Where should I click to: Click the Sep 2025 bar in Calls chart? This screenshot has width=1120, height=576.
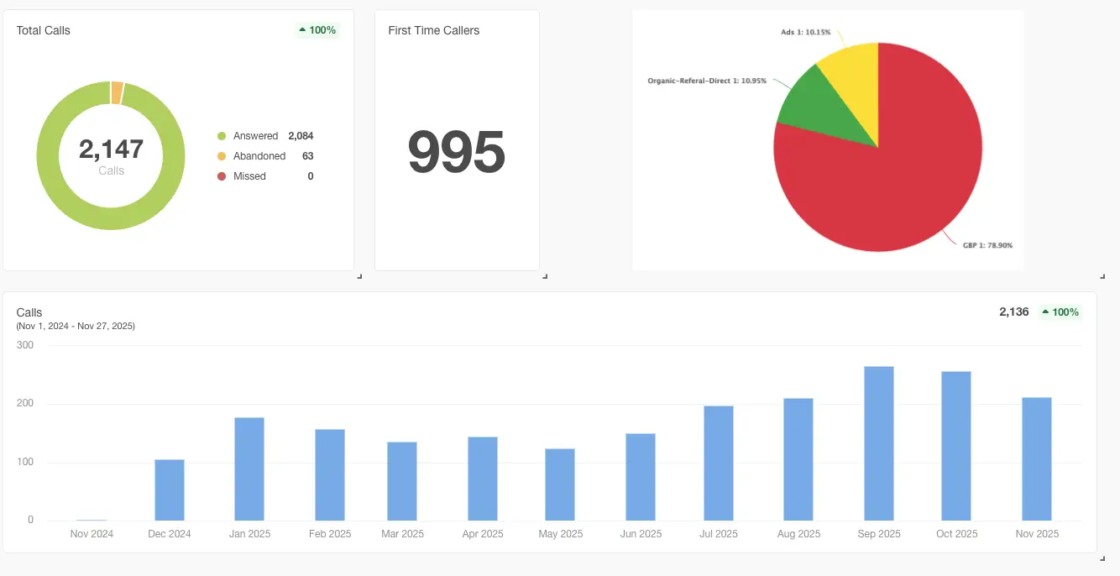[878, 443]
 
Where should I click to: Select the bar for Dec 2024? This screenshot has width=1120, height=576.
[170, 490]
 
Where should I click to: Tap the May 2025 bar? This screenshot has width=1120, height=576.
[560, 484]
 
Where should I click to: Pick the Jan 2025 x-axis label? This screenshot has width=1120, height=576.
[249, 533]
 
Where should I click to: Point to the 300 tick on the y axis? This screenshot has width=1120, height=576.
[25, 345]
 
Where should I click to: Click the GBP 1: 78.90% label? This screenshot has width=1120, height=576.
[987, 245]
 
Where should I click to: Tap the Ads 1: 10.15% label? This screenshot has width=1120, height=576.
[805, 32]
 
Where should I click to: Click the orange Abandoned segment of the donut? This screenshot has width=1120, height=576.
[117, 93]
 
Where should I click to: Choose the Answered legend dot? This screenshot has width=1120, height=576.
[222, 136]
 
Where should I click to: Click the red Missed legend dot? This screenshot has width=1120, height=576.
[222, 176]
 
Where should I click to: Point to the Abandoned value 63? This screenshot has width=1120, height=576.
[307, 156]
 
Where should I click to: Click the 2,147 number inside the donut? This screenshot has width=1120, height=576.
[111, 149]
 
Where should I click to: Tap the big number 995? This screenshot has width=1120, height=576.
[456, 151]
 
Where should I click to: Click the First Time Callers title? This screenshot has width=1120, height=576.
[433, 30]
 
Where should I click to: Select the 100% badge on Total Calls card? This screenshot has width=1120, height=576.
[317, 30]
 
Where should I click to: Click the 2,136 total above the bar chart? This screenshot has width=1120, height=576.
[1014, 312]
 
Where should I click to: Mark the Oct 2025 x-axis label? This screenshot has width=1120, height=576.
[956, 533]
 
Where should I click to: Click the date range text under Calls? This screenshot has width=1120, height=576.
[76, 326]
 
